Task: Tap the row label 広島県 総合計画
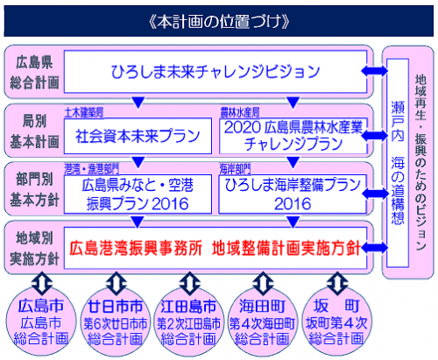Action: click(34, 71)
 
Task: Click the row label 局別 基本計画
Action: click(34, 130)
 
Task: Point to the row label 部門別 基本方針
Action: click(34, 187)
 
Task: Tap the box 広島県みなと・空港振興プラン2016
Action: click(137, 193)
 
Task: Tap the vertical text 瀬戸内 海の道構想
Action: click(395, 158)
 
